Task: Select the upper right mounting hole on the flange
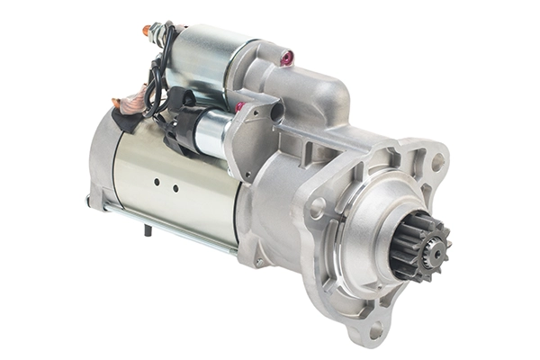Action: pos(437,162)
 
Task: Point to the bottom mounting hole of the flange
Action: pos(376,330)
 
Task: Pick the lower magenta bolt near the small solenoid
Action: pos(240,106)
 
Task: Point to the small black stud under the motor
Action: pos(147,230)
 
